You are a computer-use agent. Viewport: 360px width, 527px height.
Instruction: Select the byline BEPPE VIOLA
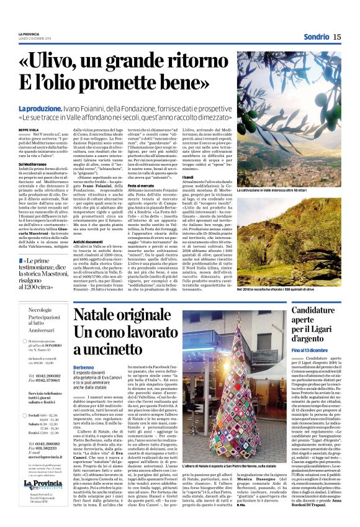point(28,129)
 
